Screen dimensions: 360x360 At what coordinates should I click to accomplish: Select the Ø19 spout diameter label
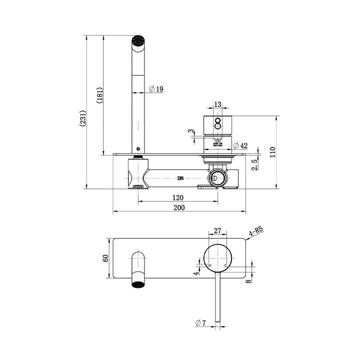coord(156,89)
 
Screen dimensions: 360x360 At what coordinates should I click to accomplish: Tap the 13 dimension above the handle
coord(217,104)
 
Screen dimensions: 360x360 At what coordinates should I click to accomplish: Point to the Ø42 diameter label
coord(241,145)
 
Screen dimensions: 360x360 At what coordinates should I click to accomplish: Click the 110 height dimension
coord(273,152)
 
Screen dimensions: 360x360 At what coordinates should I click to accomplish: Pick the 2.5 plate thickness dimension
coord(254,164)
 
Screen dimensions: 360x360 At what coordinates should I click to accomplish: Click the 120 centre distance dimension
coord(177,197)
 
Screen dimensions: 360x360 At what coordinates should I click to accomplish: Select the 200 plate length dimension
coord(178,208)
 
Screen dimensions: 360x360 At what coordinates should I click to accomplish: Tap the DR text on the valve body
coord(181,178)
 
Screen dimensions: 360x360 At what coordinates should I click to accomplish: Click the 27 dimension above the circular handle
coord(217,230)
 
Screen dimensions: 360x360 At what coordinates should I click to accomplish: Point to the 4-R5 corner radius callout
coord(256,230)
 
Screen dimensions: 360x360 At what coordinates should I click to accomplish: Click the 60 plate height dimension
coord(105,257)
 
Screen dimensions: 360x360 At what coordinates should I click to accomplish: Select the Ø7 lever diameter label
coord(201,323)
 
